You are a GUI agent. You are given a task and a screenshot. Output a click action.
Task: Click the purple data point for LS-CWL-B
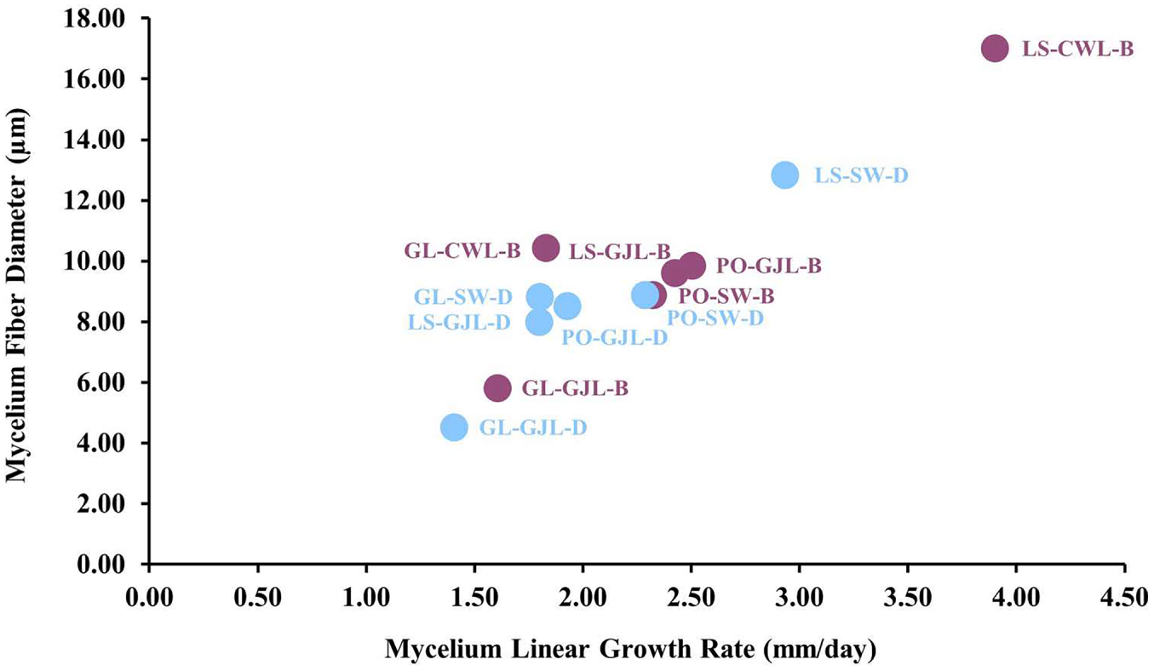point(995,49)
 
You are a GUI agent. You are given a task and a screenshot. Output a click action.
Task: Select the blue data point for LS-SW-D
point(785,175)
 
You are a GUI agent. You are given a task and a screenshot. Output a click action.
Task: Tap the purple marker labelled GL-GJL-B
point(497,387)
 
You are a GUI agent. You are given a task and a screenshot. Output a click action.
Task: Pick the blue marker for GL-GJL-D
point(454,427)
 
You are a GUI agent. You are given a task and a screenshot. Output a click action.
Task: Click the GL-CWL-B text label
point(462,251)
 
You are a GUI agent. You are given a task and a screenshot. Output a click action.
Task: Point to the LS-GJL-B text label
point(620,252)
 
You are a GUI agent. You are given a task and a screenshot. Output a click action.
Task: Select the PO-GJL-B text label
point(769,266)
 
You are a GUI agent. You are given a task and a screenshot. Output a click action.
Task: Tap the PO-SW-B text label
point(726,296)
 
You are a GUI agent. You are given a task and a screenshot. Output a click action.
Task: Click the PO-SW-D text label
point(715,318)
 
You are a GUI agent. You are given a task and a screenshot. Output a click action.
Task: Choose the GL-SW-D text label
point(463,297)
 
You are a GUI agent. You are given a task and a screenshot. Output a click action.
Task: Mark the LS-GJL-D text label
point(459,323)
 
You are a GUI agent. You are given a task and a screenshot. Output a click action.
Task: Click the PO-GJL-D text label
point(614,338)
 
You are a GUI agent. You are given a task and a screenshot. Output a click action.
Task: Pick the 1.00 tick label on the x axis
point(365,599)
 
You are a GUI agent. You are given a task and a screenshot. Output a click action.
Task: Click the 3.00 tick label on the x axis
point(799,599)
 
